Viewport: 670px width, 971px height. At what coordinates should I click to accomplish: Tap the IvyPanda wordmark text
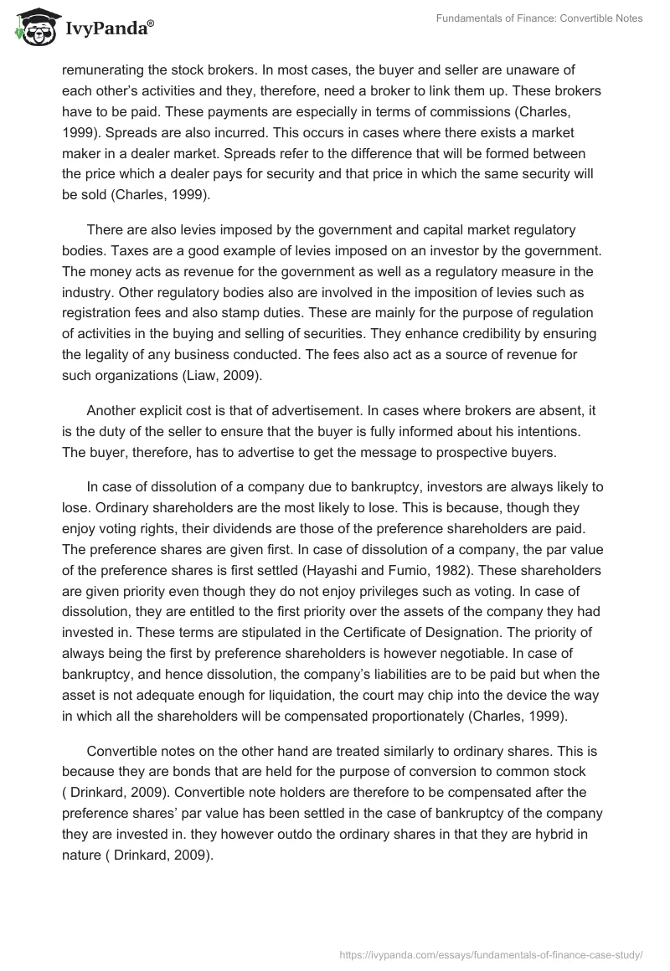(x=107, y=30)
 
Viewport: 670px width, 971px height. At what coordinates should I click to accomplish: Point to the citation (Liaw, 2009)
(x=221, y=376)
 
